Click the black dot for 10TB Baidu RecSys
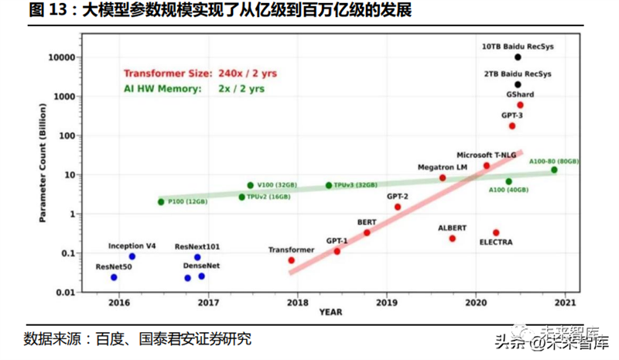(x=518, y=57)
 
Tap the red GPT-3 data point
(x=512, y=125)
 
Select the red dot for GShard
(x=520, y=105)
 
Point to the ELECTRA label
(x=495, y=242)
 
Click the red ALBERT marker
(x=453, y=238)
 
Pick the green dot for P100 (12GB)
(x=161, y=202)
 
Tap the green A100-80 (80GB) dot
(x=554, y=170)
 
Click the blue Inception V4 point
(x=132, y=256)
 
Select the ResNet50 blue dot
(x=114, y=277)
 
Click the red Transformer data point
(x=292, y=260)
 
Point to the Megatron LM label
(x=442, y=167)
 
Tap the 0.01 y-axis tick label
(x=63, y=293)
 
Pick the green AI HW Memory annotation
(x=194, y=89)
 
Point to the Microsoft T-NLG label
(x=485, y=155)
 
